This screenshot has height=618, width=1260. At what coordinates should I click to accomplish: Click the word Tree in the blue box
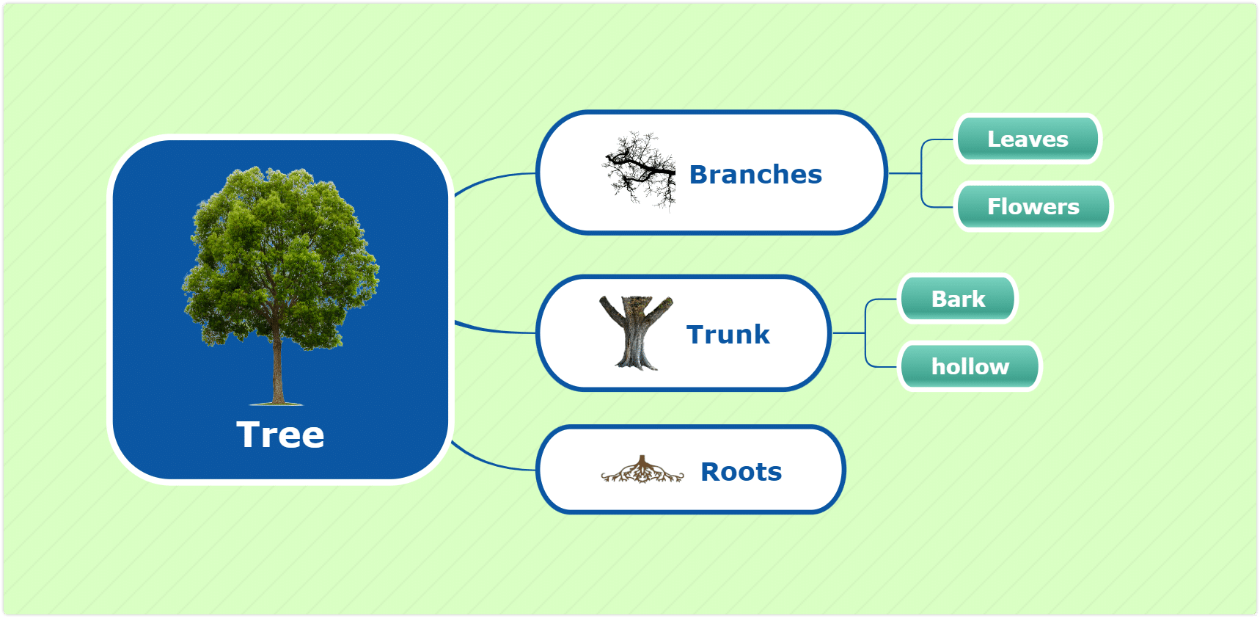(280, 435)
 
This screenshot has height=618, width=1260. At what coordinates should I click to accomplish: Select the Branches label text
(755, 175)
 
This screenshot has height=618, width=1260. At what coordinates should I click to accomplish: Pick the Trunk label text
(728, 335)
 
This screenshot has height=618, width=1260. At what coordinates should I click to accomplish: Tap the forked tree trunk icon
(637, 332)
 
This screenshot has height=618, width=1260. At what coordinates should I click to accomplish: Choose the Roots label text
(741, 472)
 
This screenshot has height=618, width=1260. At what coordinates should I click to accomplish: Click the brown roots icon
(642, 470)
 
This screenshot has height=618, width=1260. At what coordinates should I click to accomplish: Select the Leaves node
(1028, 139)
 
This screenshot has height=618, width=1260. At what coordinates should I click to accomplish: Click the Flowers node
(1033, 206)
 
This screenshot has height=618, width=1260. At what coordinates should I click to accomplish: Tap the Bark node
(958, 299)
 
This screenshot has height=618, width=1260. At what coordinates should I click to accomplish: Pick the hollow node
(970, 366)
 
